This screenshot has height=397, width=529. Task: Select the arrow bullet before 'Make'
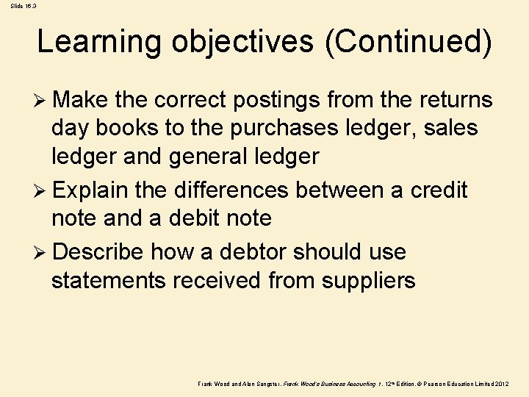(x=42, y=100)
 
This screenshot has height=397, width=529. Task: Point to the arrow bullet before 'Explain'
(x=42, y=191)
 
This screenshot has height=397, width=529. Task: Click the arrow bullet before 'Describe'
(x=42, y=252)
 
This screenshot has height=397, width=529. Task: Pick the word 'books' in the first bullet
(x=126, y=128)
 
